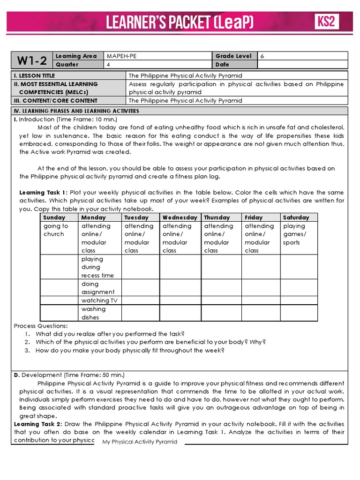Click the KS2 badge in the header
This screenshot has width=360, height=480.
pos(326,22)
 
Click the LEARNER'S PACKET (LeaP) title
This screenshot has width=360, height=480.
pos(180,22)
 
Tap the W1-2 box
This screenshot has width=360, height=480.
pos(32,60)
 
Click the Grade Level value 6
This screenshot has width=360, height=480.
pos(262,56)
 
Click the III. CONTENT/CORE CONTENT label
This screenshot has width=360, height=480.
pos(56,100)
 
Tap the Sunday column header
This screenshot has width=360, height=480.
pos(54,217)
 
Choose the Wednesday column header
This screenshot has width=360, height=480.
pos(180,217)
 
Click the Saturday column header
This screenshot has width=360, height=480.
pos(296,217)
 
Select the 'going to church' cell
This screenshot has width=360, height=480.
pos(56,230)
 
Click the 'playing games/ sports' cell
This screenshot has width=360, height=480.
pos(295,234)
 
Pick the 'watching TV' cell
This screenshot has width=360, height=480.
pos(99,300)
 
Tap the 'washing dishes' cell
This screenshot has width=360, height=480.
pos(94,313)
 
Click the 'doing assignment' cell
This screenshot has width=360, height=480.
pos(97,288)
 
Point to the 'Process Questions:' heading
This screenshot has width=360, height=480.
pos(41,326)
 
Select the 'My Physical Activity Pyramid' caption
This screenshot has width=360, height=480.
pos(140,442)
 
